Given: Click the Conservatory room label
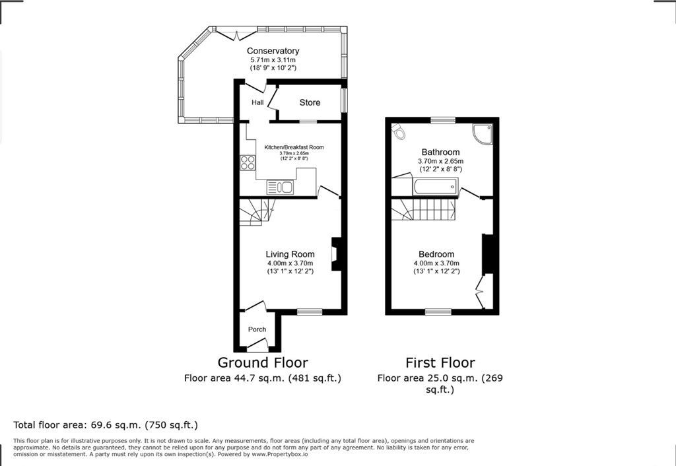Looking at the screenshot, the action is click(x=273, y=51).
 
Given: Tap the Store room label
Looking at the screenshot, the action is click(x=310, y=102).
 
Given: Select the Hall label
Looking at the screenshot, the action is click(x=257, y=102).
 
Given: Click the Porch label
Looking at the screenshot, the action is click(x=257, y=329).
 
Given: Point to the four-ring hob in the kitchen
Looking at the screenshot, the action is click(x=248, y=162).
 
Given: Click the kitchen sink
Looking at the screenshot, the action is click(x=280, y=187).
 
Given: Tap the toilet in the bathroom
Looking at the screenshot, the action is click(x=399, y=131).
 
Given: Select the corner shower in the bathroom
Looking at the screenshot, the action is click(x=483, y=133).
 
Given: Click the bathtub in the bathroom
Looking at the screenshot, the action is click(x=435, y=187).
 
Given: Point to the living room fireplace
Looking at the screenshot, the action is click(x=335, y=254).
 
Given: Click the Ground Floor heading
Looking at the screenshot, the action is click(x=263, y=362).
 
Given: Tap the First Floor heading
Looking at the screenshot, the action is click(x=440, y=362).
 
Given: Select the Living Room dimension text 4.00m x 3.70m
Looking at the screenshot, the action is click(x=290, y=263).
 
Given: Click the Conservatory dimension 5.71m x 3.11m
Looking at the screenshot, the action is click(x=273, y=60).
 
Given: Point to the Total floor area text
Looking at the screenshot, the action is click(x=106, y=425).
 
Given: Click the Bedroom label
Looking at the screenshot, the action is click(x=436, y=254).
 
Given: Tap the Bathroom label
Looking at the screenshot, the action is click(x=440, y=152).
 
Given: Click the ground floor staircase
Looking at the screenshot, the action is click(x=257, y=212).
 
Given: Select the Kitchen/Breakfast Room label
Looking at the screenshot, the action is click(x=294, y=147).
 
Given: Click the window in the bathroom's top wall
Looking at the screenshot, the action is click(x=443, y=120).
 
